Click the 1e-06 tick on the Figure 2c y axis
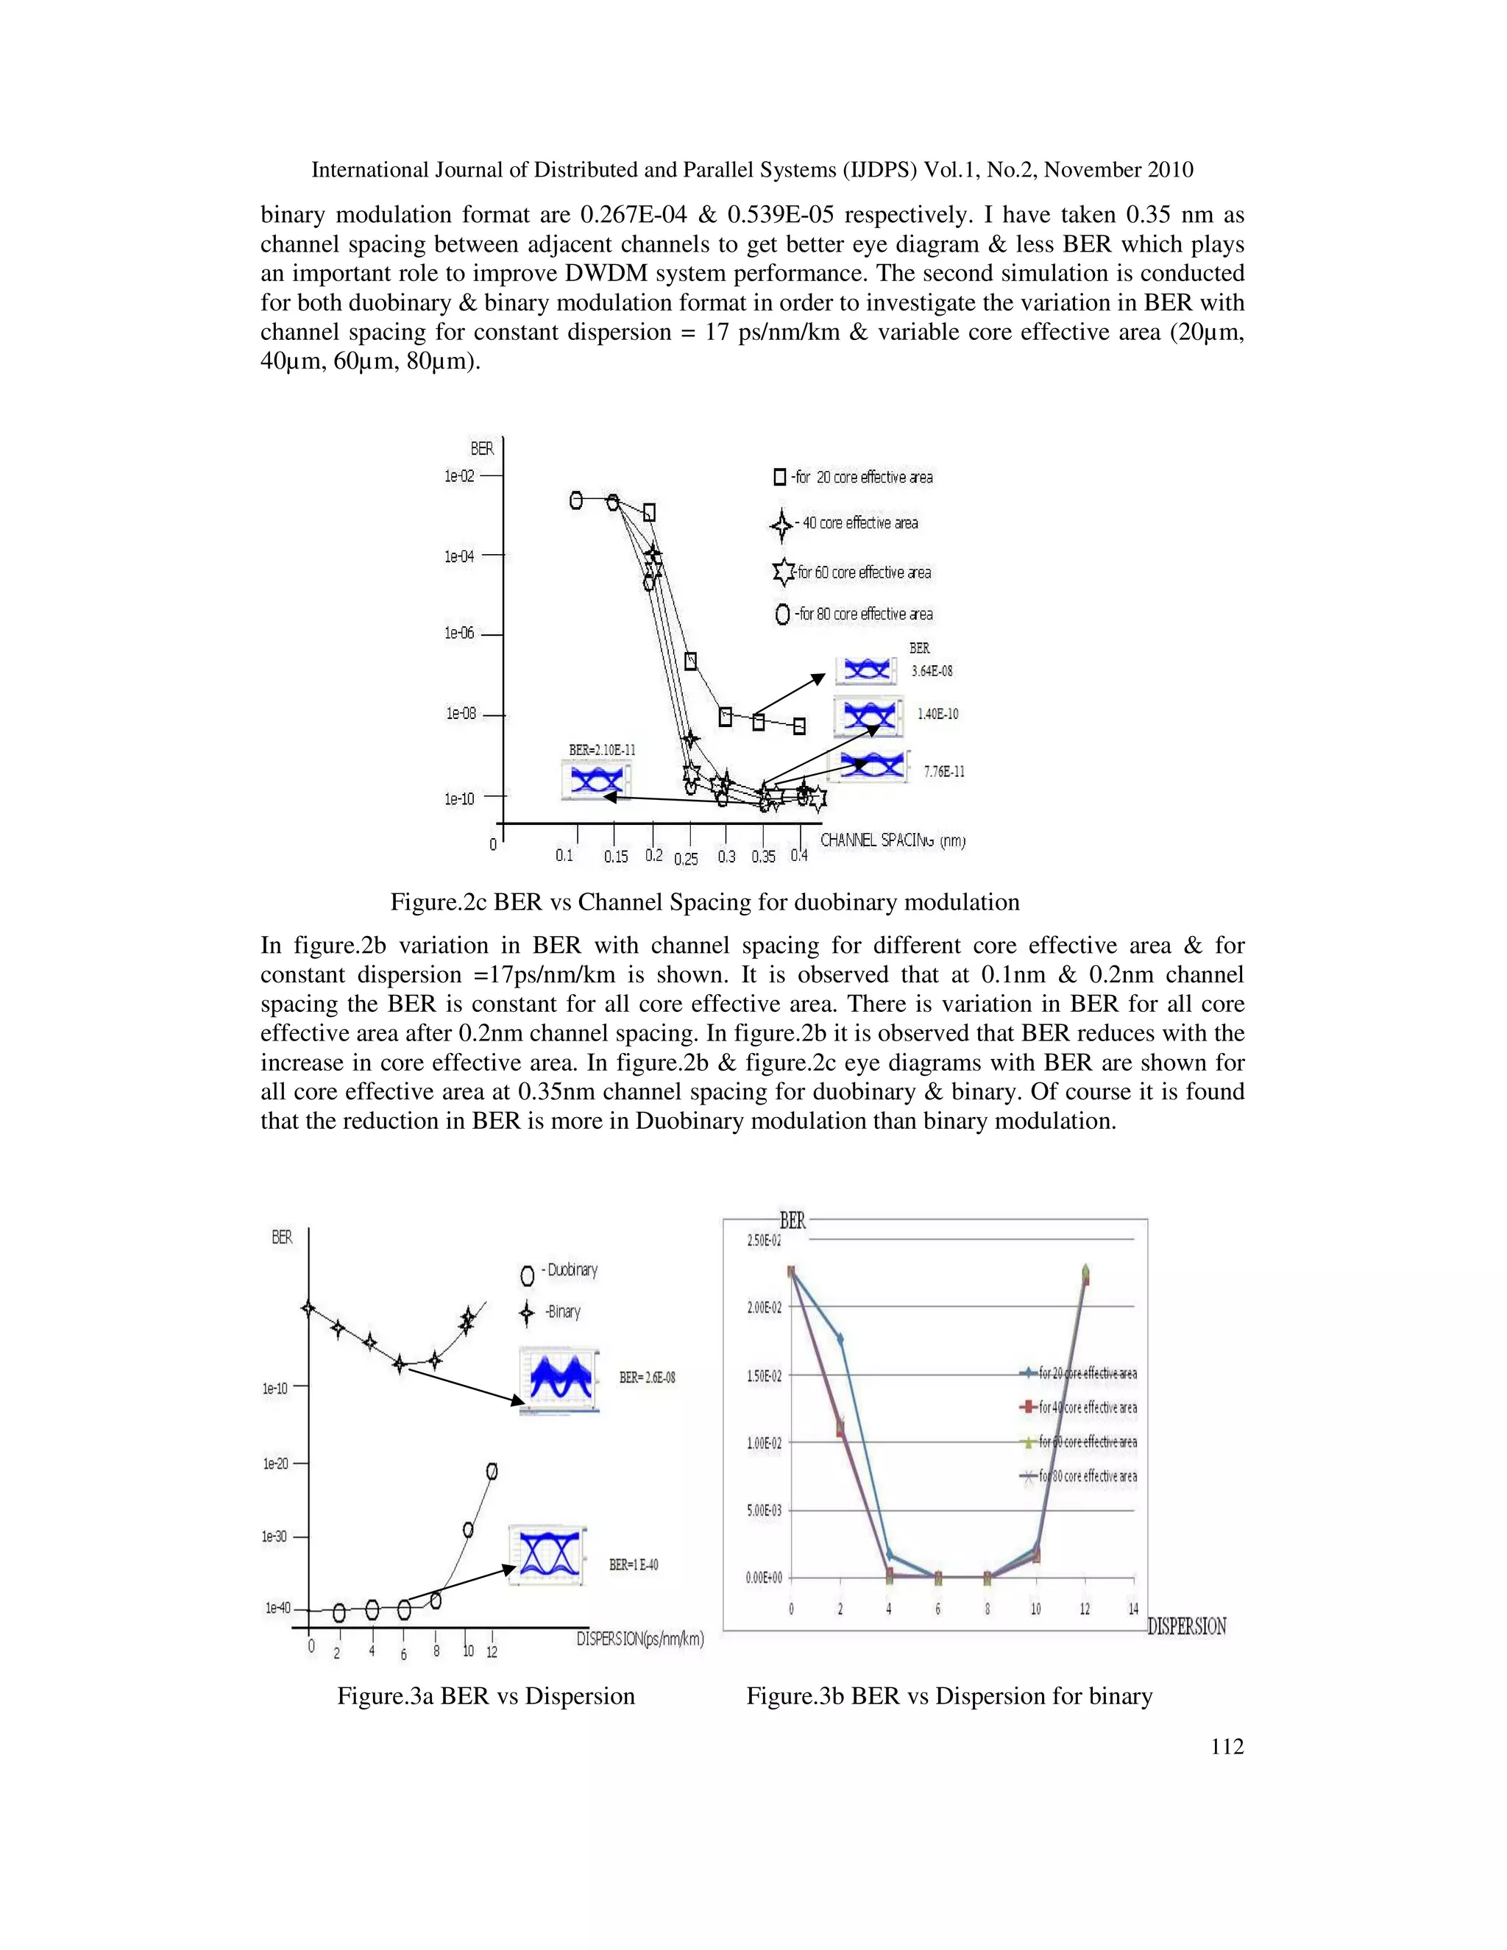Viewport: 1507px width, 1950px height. click(461, 633)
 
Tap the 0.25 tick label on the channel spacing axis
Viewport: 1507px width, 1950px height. click(686, 859)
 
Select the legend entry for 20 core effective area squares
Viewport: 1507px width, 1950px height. click(854, 478)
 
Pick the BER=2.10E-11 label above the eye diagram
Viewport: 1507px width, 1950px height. click(603, 750)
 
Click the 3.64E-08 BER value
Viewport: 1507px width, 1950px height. click(931, 670)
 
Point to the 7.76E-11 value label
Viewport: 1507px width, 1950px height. click(943, 771)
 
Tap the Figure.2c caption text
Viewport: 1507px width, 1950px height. click(704, 902)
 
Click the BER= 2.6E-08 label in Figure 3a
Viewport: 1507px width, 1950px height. click(648, 1378)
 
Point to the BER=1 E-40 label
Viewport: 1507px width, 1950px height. click(634, 1564)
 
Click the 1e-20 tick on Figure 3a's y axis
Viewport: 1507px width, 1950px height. click(275, 1464)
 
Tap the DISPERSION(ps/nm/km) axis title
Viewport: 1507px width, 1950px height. click(640, 1639)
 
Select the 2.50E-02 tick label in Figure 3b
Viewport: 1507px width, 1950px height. click(762, 1241)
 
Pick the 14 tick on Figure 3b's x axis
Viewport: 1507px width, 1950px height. click(1133, 1609)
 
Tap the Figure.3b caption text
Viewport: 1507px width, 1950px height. click(949, 1695)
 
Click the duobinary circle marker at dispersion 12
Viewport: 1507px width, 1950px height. click(491, 1472)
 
